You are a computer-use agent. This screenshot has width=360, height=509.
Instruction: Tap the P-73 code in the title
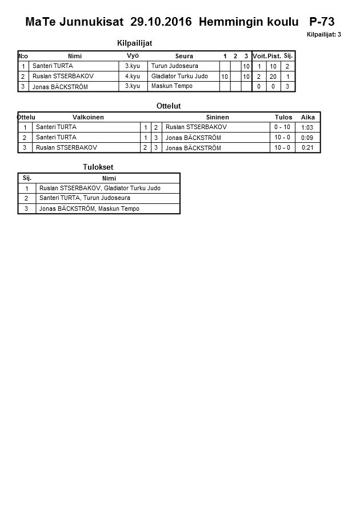322,22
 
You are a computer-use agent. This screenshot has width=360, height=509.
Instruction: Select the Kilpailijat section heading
134,43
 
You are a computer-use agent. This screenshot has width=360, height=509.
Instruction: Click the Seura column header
184,56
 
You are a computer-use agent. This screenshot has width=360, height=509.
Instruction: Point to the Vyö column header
133,55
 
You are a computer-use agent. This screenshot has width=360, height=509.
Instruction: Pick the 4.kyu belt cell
132,76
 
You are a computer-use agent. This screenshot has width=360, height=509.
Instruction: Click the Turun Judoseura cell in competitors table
174,66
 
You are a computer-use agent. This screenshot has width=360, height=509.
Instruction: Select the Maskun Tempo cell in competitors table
171,86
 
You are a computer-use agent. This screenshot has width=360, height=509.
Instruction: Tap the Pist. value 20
273,77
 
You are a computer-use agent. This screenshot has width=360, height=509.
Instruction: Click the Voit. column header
259,56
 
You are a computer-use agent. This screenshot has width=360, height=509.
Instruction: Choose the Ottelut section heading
169,106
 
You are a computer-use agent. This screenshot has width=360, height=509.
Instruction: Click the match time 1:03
307,127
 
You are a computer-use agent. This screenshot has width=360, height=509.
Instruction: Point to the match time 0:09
307,138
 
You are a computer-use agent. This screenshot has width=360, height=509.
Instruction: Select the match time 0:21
307,148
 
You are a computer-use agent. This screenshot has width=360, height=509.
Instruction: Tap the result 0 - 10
282,127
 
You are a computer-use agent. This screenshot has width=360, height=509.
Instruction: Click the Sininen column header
217,117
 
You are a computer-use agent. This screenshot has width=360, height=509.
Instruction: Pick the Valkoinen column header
88,117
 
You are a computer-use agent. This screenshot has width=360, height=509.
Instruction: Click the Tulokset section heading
98,167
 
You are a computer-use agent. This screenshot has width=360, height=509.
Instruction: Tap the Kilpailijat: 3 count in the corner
323,34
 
